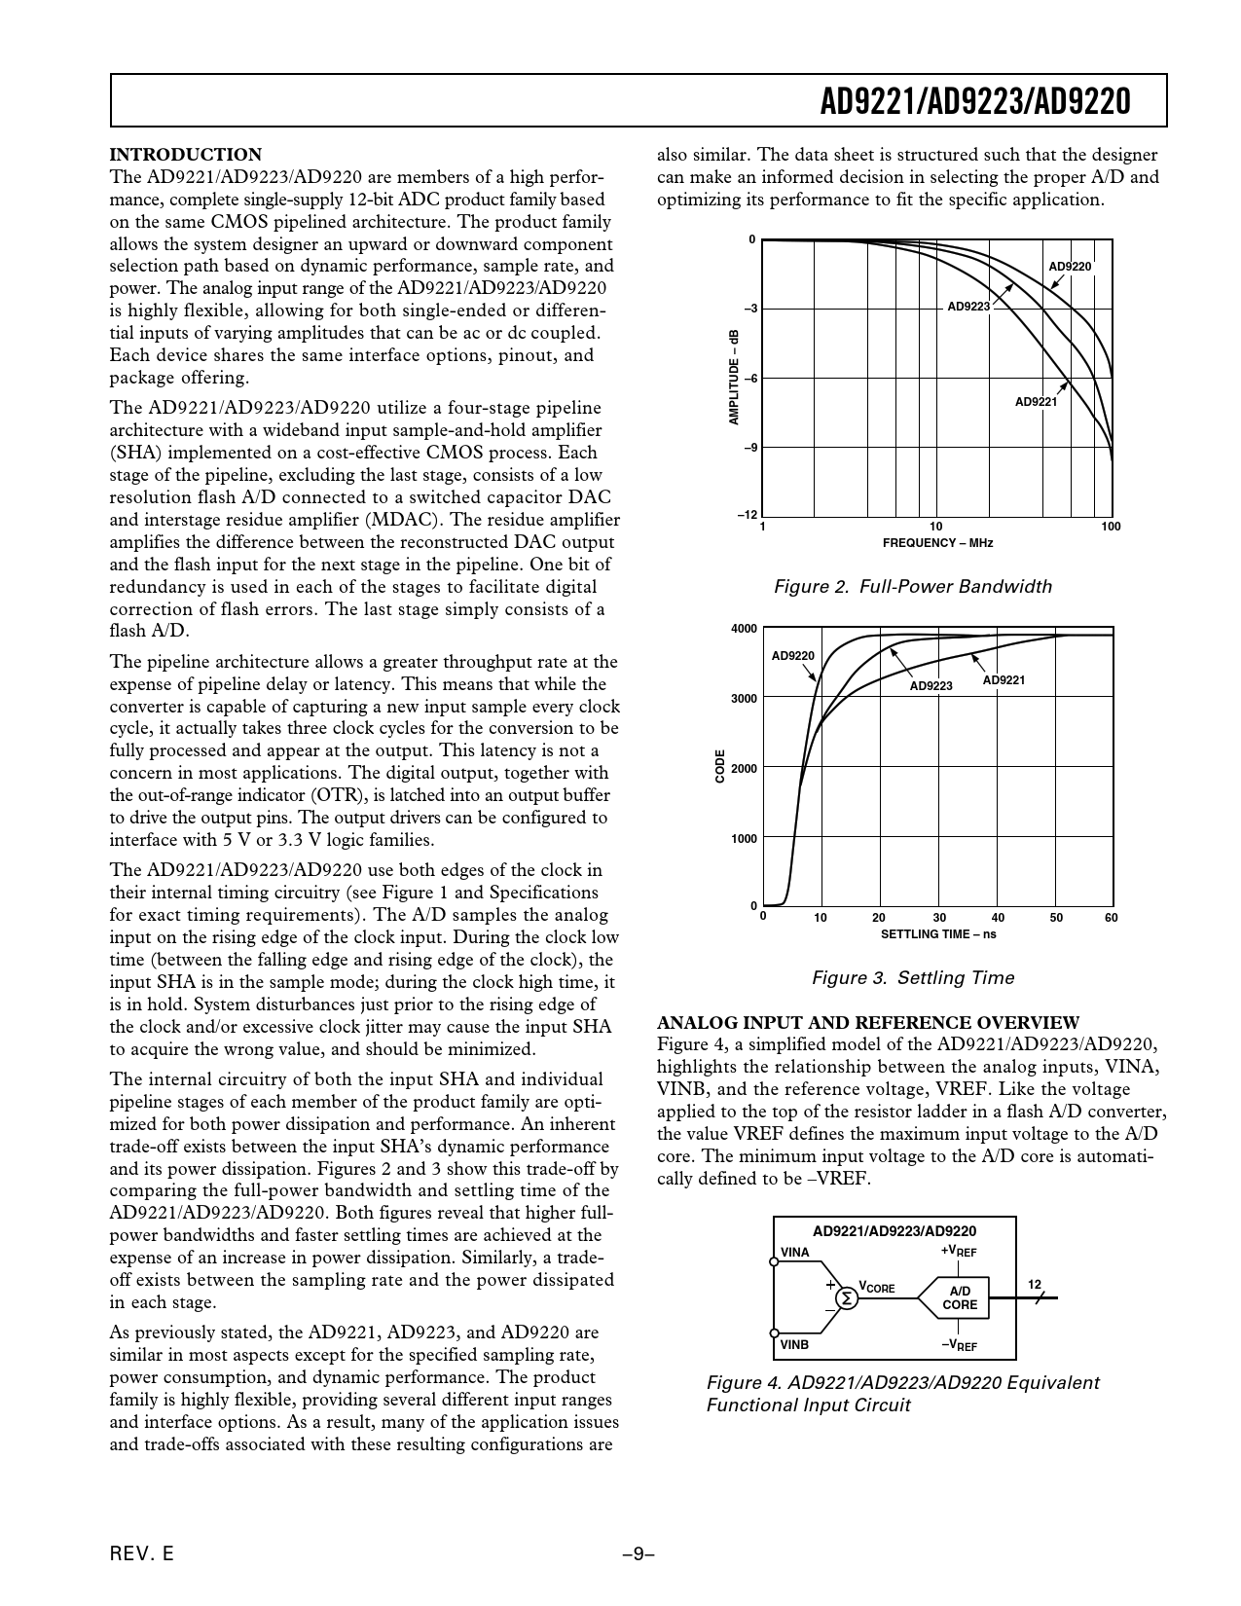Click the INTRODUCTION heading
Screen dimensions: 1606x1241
[x=186, y=155]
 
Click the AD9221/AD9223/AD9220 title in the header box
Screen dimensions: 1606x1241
[x=974, y=101]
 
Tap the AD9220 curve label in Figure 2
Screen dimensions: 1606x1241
[x=1070, y=266]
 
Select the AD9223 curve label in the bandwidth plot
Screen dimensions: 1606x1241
[x=968, y=306]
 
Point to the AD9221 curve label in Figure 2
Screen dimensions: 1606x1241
[x=1036, y=401]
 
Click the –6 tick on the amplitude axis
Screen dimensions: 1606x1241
[x=750, y=379]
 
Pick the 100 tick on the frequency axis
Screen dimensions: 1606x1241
[x=1111, y=527]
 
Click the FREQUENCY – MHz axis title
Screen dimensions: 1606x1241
[x=937, y=543]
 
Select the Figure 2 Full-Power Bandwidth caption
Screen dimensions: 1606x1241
[x=912, y=586]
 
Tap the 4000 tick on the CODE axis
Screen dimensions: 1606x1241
[x=744, y=629]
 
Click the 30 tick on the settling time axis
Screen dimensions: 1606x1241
[x=939, y=918]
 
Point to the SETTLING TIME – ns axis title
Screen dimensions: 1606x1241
[x=938, y=934]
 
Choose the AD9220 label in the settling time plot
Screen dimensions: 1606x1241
[x=792, y=656]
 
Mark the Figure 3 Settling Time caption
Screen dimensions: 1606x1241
[x=912, y=977]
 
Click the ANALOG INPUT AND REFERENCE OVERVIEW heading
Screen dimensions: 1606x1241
[x=868, y=1022]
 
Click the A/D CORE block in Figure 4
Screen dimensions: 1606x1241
[x=960, y=1297]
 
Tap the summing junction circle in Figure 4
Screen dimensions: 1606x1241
[x=847, y=1297]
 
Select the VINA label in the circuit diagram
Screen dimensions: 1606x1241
[x=795, y=1252]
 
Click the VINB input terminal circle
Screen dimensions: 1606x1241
[x=774, y=1332]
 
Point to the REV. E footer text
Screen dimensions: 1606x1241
[x=142, y=1554]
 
